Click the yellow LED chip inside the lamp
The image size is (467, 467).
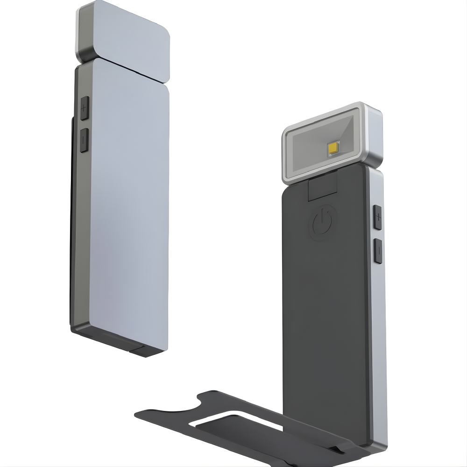click(333, 148)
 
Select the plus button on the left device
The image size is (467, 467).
click(84, 109)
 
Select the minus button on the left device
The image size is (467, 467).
click(84, 140)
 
